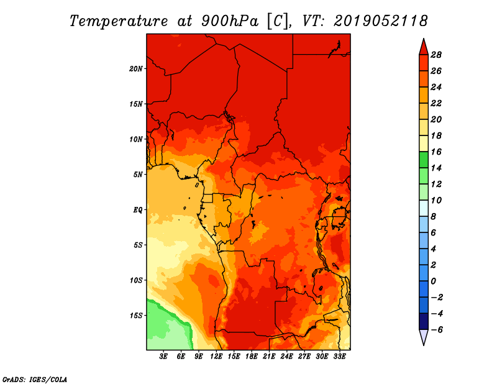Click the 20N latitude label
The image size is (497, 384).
[136, 69]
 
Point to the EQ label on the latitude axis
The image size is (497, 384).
[137, 210]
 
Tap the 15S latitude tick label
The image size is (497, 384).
[136, 316]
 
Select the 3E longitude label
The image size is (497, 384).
[163, 357]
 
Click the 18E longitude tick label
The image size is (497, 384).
[252, 357]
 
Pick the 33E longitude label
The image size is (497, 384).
[339, 357]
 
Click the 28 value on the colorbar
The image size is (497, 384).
[436, 55]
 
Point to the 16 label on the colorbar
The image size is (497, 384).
[436, 152]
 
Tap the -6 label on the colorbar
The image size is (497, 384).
[437, 330]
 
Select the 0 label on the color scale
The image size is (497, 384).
[433, 281]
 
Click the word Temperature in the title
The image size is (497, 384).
[119, 22]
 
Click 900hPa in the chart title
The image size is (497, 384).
[229, 21]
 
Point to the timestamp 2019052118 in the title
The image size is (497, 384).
[381, 21]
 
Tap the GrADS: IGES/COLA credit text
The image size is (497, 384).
[35, 380]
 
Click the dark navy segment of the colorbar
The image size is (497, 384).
[424, 321]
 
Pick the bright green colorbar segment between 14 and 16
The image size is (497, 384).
[424, 160]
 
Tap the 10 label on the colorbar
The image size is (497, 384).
[436, 201]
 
